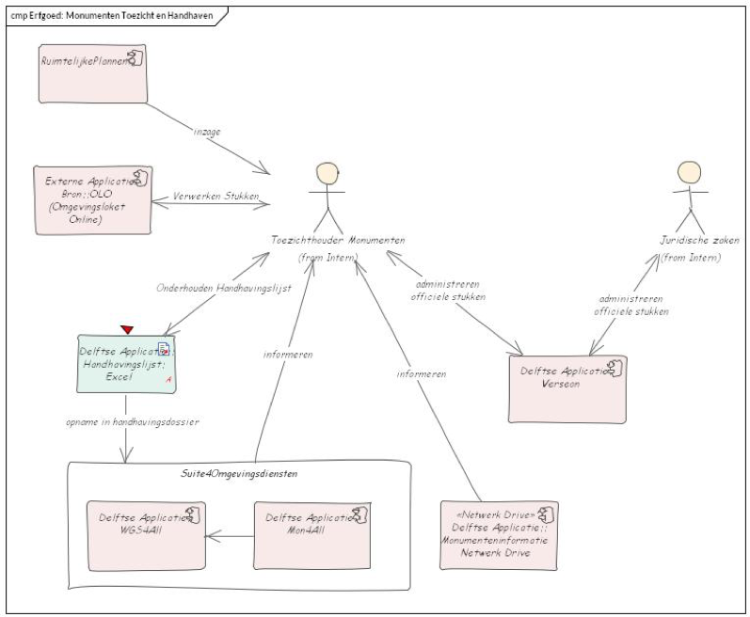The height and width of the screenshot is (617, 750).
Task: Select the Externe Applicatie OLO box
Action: coord(92,198)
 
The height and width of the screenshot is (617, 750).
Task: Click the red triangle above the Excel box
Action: coord(126,328)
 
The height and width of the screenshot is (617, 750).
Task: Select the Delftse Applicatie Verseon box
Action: coord(566,388)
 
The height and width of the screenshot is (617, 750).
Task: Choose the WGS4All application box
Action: coord(146,534)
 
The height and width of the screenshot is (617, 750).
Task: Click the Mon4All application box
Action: coord(305,534)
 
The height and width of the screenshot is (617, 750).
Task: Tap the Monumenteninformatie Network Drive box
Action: coord(499,535)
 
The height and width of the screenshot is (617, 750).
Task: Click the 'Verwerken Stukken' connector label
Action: coord(215,197)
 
